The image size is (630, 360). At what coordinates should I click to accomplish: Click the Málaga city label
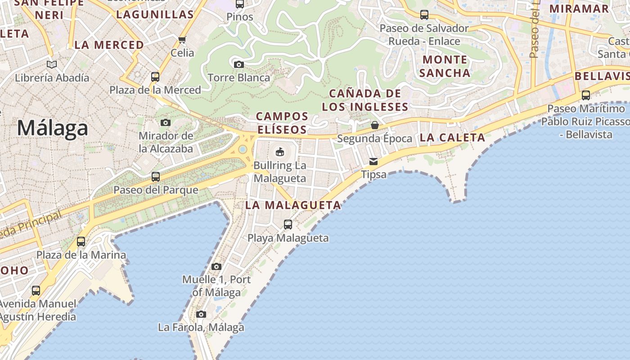(x=52, y=128)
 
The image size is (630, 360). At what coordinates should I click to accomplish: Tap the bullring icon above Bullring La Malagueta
(x=280, y=151)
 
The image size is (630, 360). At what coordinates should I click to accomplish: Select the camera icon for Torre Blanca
(x=239, y=64)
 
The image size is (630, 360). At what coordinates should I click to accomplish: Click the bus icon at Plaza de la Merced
(x=155, y=76)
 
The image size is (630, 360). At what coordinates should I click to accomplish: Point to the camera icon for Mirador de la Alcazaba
(x=166, y=122)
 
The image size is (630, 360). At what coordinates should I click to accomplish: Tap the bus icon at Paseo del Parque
(x=156, y=176)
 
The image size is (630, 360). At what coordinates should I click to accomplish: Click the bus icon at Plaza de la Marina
(x=81, y=242)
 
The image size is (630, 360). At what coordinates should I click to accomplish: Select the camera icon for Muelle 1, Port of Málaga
(x=216, y=266)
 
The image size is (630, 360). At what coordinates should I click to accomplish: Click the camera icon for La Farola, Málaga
(x=201, y=314)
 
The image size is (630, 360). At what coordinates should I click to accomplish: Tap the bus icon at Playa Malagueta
(x=288, y=224)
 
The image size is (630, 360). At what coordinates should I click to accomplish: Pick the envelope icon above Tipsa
(x=373, y=161)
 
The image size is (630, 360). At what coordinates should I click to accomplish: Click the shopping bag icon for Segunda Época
(x=374, y=125)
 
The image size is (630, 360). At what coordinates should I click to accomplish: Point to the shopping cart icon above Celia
(x=182, y=40)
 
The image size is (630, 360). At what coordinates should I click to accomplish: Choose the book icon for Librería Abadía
(x=52, y=64)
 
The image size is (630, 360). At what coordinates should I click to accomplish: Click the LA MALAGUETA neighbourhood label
(x=293, y=205)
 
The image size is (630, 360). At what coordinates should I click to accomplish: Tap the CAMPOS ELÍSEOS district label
(x=282, y=123)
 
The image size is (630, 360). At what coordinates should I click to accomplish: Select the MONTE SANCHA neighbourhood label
(x=445, y=66)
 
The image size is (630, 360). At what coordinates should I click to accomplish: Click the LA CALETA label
(x=452, y=138)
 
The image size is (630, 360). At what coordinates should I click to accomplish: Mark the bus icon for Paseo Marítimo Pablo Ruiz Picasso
(x=585, y=95)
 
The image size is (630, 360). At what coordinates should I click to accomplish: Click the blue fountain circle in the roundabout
(x=243, y=149)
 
